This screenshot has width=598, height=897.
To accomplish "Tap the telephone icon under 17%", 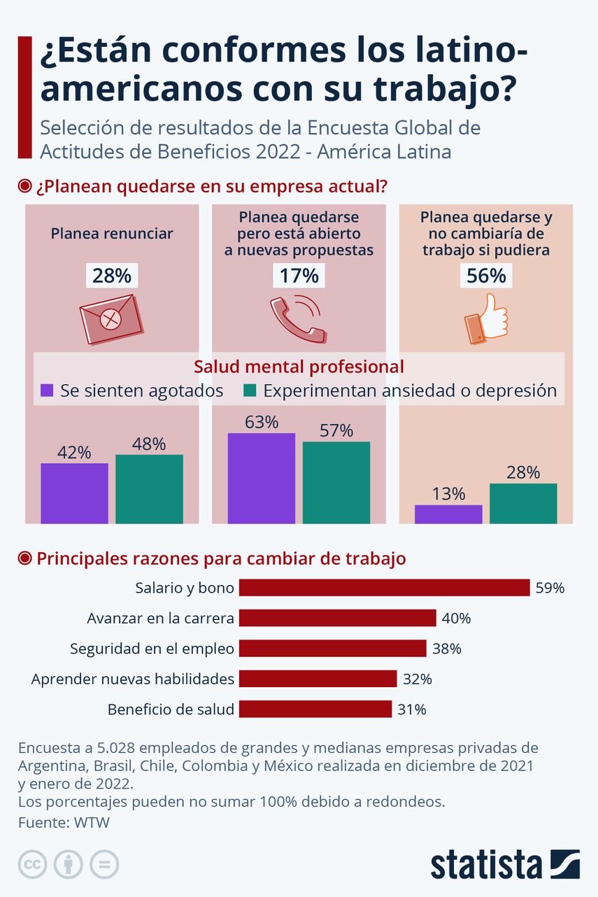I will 297,319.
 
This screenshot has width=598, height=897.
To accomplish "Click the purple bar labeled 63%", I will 262,478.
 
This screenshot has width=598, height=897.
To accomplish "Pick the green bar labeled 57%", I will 336,482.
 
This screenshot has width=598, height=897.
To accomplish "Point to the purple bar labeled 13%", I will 448,514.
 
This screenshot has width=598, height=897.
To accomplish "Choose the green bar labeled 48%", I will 149,488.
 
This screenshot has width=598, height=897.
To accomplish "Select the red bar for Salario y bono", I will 384,588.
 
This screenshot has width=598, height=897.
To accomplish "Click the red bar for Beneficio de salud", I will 315,709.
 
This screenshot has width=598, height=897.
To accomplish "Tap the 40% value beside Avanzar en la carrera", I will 456,619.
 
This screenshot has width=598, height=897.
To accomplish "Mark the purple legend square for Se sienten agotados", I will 48,390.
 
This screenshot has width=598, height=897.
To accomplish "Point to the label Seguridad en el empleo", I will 152,649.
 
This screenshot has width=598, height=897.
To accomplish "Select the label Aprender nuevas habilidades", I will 133,679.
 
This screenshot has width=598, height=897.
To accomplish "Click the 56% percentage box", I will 486,276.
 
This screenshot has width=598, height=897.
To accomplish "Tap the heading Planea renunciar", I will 111,234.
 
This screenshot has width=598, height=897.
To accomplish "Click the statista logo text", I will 486,865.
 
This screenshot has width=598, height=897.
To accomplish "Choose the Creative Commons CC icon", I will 32,864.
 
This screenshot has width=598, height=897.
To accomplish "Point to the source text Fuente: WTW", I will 64,823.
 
